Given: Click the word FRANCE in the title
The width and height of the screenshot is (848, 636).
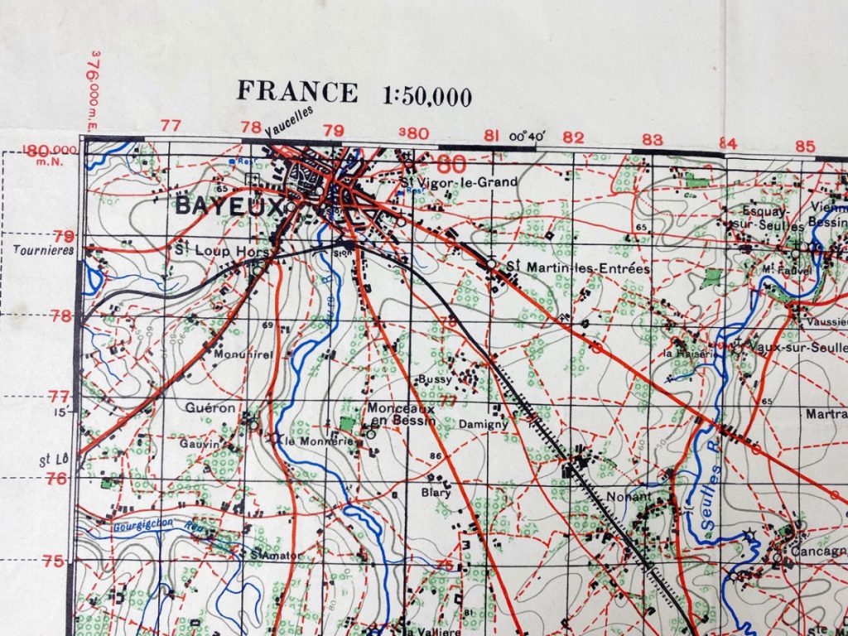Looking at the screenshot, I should (x=297, y=91).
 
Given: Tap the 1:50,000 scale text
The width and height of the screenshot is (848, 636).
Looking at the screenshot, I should (x=427, y=96).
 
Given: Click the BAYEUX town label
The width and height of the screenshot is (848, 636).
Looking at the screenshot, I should (x=228, y=207).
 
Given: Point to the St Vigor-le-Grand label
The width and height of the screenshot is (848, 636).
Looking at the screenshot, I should (x=458, y=182).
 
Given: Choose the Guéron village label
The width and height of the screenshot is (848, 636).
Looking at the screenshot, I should (x=211, y=407).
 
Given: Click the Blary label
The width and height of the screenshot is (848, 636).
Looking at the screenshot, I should (x=436, y=492).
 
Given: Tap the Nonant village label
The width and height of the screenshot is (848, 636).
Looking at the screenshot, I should (x=629, y=498).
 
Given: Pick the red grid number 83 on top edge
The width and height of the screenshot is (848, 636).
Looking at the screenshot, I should (x=653, y=139).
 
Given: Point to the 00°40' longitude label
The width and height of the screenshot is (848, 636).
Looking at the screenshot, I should (x=529, y=137).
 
